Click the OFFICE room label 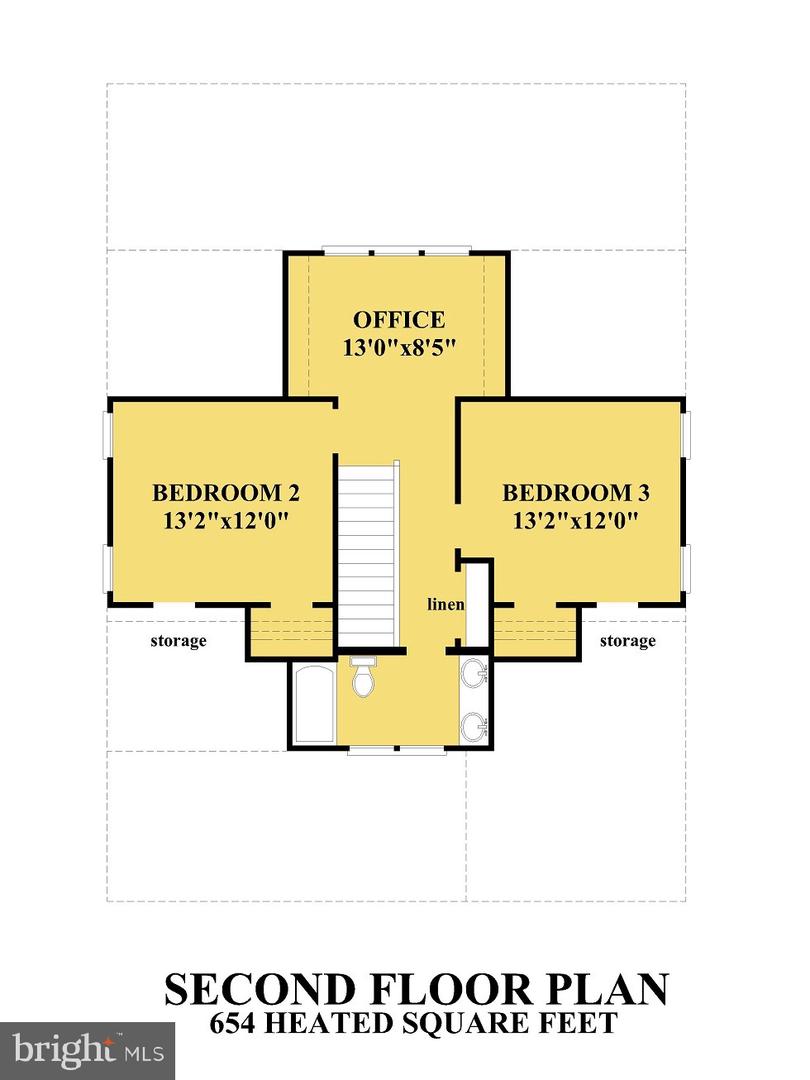click(x=398, y=320)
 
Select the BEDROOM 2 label click(x=226, y=493)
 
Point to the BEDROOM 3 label click(x=576, y=493)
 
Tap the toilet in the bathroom click(x=362, y=677)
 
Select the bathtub click(x=314, y=702)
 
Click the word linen click(x=445, y=605)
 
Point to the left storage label click(x=178, y=640)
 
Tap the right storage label click(x=627, y=640)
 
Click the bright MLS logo click(x=87, y=1050)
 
